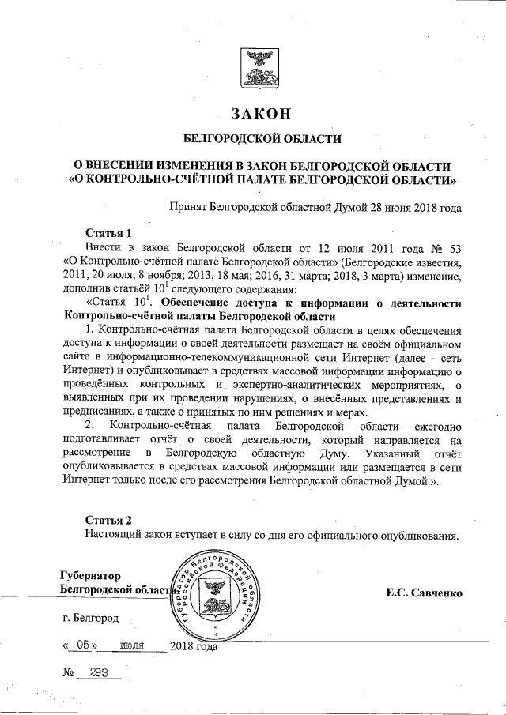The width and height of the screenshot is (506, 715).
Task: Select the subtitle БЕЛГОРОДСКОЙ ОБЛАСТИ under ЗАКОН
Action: tap(262, 139)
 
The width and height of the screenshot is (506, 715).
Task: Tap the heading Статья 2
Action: tap(108, 519)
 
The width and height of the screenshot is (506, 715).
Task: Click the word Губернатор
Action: tap(91, 575)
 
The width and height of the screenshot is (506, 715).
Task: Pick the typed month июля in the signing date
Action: tap(131, 645)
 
